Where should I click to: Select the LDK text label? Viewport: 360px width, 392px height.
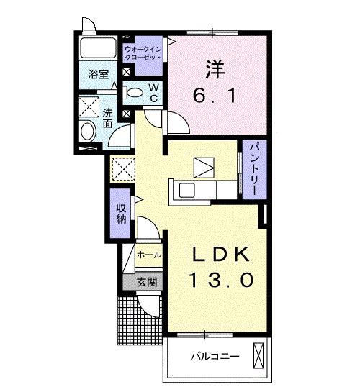222,255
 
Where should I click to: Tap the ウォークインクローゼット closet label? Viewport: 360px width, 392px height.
144,52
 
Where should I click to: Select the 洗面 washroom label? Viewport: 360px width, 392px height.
107,118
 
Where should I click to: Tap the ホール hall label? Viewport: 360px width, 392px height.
148,255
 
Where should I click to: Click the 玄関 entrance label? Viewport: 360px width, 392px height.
147,282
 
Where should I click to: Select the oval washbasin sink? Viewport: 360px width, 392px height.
87,132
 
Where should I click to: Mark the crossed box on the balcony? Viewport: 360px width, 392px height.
259,355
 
